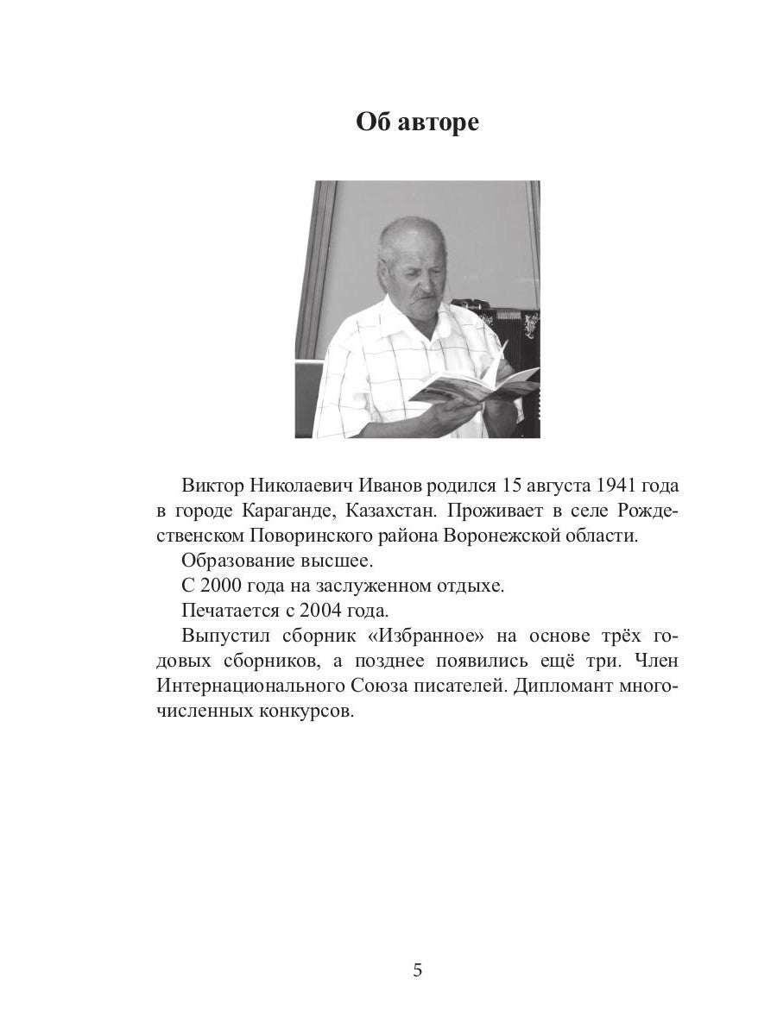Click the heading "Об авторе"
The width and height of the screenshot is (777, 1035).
coord(417,122)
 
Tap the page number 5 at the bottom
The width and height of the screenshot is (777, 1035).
coord(418,970)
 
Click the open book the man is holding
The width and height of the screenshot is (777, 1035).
coord(475,384)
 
